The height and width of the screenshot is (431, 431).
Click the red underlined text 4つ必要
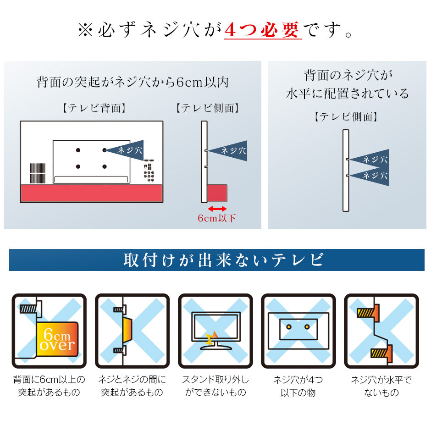(263, 30)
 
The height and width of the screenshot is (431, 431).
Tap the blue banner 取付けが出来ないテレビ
(216, 260)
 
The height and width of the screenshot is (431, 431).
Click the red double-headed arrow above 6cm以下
(217, 209)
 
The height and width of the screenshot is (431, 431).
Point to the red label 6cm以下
(216, 218)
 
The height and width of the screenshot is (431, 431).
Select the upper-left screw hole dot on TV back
(78, 150)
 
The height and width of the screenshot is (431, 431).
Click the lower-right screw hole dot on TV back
(105, 166)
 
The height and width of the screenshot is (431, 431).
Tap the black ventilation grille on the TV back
(38, 173)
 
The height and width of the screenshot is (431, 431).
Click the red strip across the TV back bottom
(92, 193)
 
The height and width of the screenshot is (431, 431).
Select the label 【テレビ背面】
(94, 108)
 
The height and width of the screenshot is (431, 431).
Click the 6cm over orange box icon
(57, 339)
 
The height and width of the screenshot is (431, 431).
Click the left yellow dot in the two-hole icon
(288, 327)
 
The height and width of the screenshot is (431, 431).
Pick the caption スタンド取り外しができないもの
(215, 386)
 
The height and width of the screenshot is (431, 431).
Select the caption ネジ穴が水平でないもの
(381, 386)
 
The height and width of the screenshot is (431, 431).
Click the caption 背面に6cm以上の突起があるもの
(49, 386)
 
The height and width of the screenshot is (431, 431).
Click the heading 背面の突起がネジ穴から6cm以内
(133, 82)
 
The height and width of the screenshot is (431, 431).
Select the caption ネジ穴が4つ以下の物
(298, 386)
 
